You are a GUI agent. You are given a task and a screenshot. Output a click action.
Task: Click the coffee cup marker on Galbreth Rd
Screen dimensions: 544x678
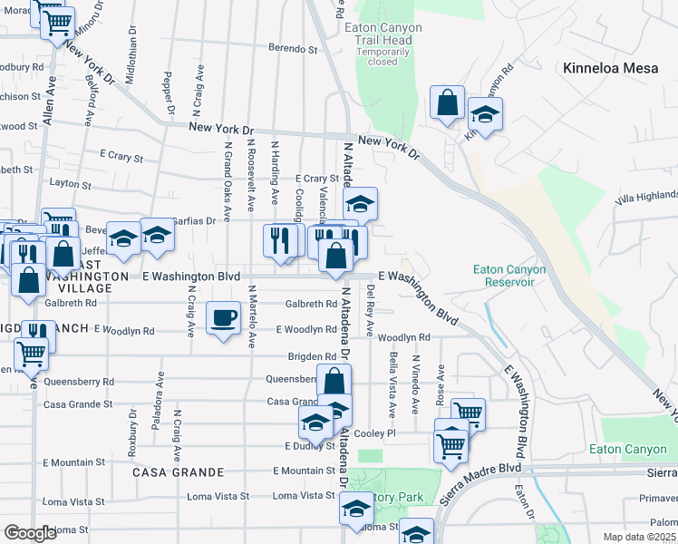click(x=224, y=318)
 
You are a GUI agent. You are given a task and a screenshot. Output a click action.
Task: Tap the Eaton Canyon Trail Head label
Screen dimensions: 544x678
click(x=383, y=34)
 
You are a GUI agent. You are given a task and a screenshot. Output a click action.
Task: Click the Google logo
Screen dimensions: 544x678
click(x=30, y=533)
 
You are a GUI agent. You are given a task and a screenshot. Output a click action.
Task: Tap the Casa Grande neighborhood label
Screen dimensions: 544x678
click(x=178, y=472)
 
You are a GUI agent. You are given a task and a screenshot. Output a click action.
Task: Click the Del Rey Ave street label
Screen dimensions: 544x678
click(x=370, y=308)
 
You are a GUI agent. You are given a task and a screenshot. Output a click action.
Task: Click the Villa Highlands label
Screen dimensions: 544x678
click(x=646, y=196)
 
